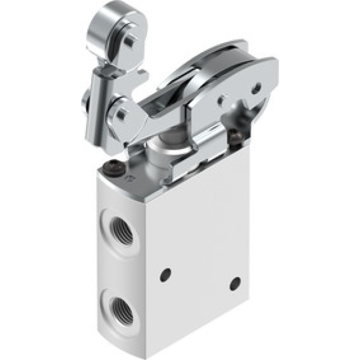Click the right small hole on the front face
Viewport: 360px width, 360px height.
(x=235, y=283)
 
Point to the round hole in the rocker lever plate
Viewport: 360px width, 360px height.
(x=257, y=87)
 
